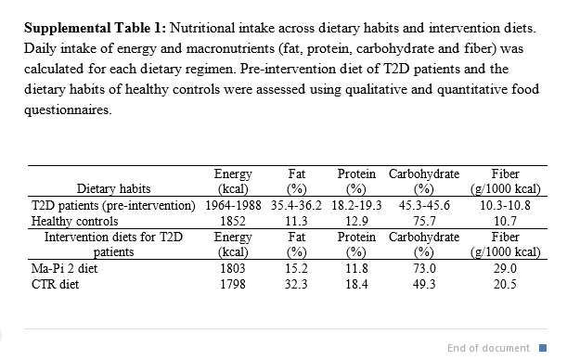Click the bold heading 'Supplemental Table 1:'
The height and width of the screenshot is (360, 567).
point(95,28)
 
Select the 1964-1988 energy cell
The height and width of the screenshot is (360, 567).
point(233,205)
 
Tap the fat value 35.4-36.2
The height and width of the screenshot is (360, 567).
point(296,205)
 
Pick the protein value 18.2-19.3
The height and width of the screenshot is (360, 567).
point(356,205)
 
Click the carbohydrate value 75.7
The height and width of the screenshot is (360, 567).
point(424,221)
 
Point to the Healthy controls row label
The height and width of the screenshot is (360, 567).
point(75,221)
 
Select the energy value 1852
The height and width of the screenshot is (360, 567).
point(233,221)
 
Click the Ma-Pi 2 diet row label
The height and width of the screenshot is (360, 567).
point(64,268)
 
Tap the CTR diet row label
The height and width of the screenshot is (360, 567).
point(55,284)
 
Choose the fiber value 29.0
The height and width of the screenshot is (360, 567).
point(505,268)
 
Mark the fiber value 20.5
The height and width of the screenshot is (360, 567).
point(505,284)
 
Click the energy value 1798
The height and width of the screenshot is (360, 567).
point(233,284)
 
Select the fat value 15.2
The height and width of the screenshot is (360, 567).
point(296,268)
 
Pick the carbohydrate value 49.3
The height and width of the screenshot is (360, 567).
point(424,284)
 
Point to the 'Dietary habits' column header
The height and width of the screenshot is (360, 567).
point(113,188)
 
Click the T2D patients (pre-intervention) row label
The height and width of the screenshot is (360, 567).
point(113,205)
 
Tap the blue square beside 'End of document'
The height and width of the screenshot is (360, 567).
point(543,348)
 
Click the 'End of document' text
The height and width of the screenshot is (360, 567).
point(488,348)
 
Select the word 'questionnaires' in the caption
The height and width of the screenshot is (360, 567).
point(67,109)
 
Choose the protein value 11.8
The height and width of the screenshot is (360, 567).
point(356,268)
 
